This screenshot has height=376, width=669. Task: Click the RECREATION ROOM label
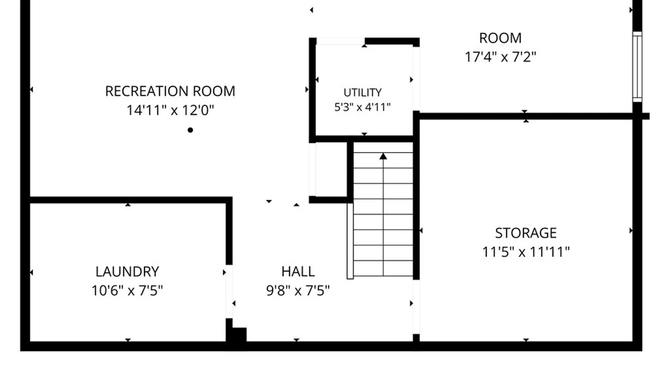(170, 91)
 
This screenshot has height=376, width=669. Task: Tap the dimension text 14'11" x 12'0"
(170, 110)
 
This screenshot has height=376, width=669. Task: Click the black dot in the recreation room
(190, 130)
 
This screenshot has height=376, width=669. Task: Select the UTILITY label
(362, 93)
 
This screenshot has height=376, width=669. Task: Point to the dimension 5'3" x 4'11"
(362, 107)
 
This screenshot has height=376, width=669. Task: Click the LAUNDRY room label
(127, 272)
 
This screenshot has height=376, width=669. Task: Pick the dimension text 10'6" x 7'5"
(127, 291)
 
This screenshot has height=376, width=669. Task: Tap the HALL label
(298, 272)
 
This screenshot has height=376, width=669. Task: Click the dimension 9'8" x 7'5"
(298, 291)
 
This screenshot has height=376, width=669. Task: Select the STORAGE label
(526, 233)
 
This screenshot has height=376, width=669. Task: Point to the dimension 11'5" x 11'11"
(526, 252)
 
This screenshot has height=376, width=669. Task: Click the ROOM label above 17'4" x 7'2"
(500, 38)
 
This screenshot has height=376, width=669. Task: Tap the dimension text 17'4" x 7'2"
(500, 57)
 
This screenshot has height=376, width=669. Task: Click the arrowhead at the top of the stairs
(383, 156)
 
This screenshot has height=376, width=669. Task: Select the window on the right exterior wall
(637, 67)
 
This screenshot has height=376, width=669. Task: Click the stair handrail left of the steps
(350, 241)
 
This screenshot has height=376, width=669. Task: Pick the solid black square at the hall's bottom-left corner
(239, 335)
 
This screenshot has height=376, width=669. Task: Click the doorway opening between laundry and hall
(229, 291)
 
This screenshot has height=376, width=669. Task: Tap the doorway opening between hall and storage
(416, 307)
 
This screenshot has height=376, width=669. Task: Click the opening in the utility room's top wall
(340, 41)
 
